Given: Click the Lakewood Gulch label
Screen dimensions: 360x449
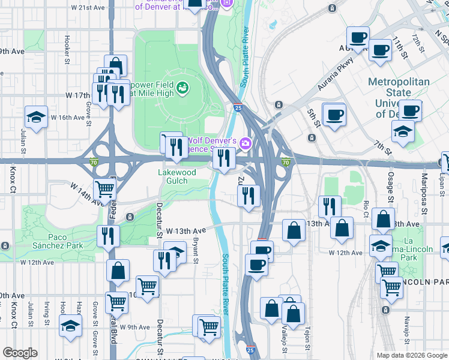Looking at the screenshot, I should [176, 176].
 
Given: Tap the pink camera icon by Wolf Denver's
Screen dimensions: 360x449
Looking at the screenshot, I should [245, 143].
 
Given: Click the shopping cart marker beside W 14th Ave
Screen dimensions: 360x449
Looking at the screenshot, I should [105, 190].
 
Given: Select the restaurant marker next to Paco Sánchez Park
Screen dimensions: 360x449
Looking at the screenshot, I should [108, 235].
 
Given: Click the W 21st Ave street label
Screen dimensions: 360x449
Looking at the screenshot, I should [88, 8].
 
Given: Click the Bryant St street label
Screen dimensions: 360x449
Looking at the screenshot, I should [196, 247].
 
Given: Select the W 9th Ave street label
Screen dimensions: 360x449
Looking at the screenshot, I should [133, 327].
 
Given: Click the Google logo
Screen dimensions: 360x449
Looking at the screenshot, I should [20, 353].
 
